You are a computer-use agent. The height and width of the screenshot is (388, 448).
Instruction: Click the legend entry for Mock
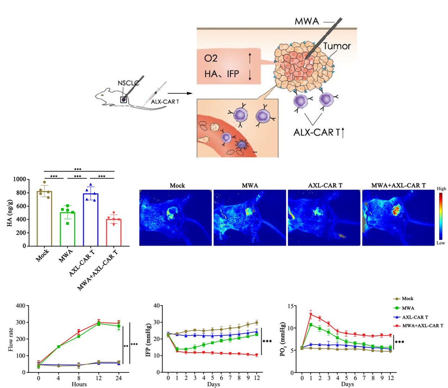tap(407, 298)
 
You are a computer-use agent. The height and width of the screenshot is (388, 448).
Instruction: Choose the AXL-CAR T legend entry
tap(415, 317)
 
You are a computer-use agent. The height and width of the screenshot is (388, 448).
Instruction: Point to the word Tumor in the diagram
tap(337, 46)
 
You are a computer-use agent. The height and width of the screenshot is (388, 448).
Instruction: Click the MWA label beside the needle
tap(307, 21)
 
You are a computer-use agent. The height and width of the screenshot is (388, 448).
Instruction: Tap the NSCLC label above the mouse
tap(128, 83)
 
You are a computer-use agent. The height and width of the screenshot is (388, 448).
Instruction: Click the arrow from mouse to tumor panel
tap(179, 93)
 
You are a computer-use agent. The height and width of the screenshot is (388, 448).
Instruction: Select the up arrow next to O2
tap(250, 58)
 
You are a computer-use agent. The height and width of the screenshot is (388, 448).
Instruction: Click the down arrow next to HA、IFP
tap(250, 74)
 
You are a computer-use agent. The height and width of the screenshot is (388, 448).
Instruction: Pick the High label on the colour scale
tap(441, 189)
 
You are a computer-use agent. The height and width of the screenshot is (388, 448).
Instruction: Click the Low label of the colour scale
tap(441, 243)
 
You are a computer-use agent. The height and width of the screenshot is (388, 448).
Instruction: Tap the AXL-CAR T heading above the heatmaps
tap(325, 185)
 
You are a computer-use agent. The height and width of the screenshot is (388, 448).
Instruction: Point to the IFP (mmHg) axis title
tap(148, 339)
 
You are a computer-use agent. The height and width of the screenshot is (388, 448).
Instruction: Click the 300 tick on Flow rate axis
tap(21, 322)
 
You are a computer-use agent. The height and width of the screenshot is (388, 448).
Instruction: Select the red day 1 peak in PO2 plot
tap(311, 314)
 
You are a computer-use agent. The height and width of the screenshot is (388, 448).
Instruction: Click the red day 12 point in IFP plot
tap(257, 355)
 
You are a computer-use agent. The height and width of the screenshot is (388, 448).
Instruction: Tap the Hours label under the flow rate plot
tap(79, 384)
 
